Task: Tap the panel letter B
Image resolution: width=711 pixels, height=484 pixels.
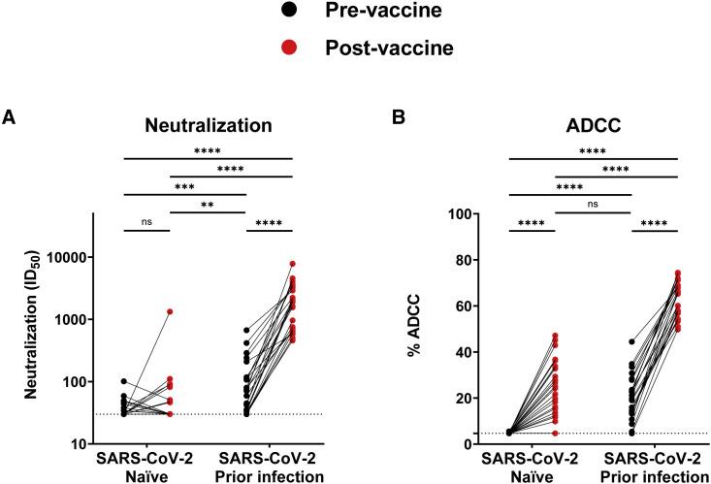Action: coord(372,117)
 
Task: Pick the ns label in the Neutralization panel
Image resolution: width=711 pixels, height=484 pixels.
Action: coord(146,222)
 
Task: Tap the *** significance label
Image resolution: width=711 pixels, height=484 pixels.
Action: coord(183,184)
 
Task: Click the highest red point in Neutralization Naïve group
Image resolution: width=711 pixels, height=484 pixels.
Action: coord(170,311)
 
